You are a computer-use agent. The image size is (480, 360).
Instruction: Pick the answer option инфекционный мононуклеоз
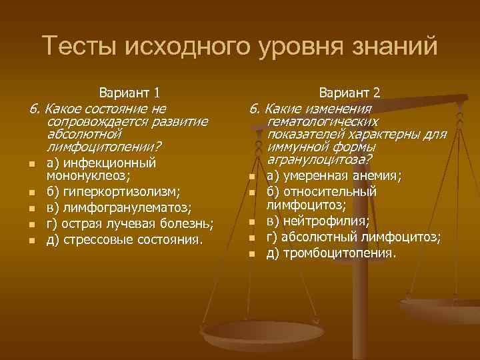(100, 169)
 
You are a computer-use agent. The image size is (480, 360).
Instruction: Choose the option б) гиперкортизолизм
(113, 193)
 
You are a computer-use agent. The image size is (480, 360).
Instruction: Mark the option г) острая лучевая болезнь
(129, 223)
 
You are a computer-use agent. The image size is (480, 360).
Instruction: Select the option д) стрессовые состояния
(124, 239)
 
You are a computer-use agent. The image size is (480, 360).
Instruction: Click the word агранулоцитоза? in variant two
(319, 160)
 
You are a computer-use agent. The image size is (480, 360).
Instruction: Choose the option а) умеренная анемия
(333, 177)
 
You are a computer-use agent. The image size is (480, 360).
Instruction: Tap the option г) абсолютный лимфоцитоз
(353, 238)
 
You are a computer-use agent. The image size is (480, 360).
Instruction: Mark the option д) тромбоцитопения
(331, 253)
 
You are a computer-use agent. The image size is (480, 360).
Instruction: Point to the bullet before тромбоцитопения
(251, 254)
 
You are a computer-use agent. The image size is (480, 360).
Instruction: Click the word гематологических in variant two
(322, 121)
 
